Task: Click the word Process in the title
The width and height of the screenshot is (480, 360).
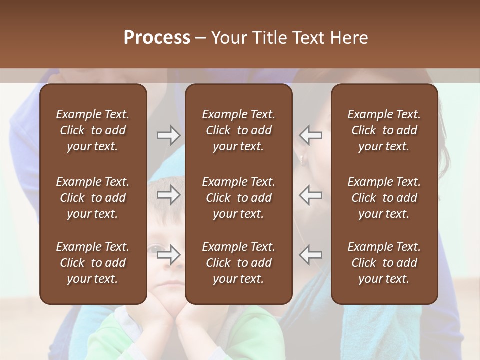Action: pyautogui.click(x=157, y=38)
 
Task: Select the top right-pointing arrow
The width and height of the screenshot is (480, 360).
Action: pyautogui.click(x=168, y=135)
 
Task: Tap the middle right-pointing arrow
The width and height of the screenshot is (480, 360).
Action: pyautogui.click(x=168, y=195)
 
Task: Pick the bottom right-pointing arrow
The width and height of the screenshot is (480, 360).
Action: pyautogui.click(x=168, y=255)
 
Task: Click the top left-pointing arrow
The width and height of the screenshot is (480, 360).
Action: pyautogui.click(x=311, y=135)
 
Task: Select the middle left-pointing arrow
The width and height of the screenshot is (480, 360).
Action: pyautogui.click(x=311, y=195)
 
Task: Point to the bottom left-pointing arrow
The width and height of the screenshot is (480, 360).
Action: pyautogui.click(x=311, y=255)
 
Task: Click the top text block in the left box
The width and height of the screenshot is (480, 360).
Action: pyautogui.click(x=93, y=130)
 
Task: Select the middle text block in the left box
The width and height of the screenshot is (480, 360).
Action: pyautogui.click(x=93, y=198)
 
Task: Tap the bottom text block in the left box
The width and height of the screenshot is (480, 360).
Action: pyautogui.click(x=93, y=263)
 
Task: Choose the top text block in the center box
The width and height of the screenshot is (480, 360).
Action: pyautogui.click(x=238, y=130)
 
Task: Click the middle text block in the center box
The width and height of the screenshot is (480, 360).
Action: pyautogui.click(x=238, y=198)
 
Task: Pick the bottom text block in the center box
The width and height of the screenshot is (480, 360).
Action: pyautogui.click(x=238, y=263)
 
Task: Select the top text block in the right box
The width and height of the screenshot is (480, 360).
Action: pyautogui.click(x=384, y=130)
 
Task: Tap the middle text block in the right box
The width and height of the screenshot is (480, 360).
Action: pyautogui.click(x=384, y=198)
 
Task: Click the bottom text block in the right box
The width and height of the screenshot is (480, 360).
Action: pyautogui.click(x=384, y=263)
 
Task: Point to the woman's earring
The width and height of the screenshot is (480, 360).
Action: pyautogui.click(x=301, y=159)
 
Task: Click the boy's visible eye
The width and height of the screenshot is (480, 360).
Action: pyautogui.click(x=156, y=248)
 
